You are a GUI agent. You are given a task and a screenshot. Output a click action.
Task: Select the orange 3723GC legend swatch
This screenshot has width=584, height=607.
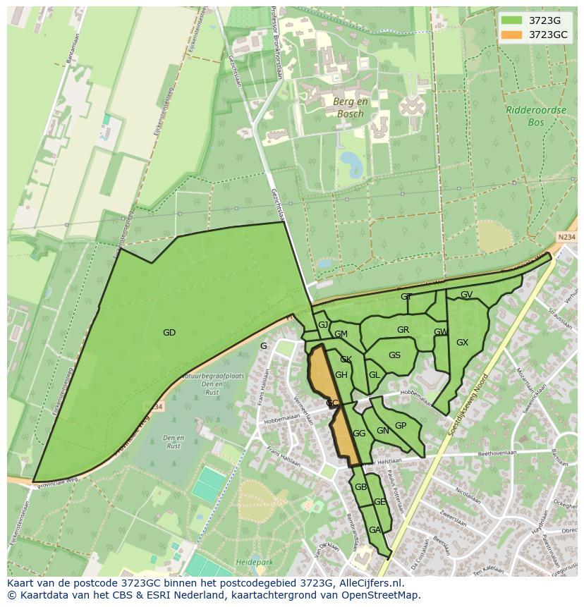click(512, 35)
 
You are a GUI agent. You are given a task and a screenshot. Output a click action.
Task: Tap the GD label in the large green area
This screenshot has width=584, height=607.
click(169, 333)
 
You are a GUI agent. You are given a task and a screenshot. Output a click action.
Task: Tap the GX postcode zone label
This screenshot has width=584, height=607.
click(462, 343)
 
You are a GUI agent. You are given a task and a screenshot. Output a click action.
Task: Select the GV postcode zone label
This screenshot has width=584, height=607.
click(466, 295)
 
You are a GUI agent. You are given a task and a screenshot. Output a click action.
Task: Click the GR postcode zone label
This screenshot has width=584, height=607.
click(403, 330)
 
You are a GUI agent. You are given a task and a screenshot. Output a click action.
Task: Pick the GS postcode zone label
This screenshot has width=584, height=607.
click(394, 355)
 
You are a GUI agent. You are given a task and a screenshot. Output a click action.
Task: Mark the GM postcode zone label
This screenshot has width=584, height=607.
click(341, 334)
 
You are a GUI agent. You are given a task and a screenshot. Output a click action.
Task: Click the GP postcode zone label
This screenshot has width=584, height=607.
click(401, 426)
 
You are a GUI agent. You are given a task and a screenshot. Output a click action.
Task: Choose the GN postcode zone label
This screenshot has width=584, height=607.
click(382, 431)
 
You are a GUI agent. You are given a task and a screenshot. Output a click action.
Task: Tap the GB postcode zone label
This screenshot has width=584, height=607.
click(360, 487)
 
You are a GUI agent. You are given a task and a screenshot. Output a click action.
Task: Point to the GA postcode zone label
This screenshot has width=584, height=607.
click(375, 530)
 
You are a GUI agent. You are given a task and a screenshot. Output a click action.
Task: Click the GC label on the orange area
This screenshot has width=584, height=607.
click(332, 403)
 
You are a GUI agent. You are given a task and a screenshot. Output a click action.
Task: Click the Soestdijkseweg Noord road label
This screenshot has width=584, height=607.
click(472, 396)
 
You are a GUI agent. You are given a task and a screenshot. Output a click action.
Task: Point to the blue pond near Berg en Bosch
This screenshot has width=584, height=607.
click(350, 164)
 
